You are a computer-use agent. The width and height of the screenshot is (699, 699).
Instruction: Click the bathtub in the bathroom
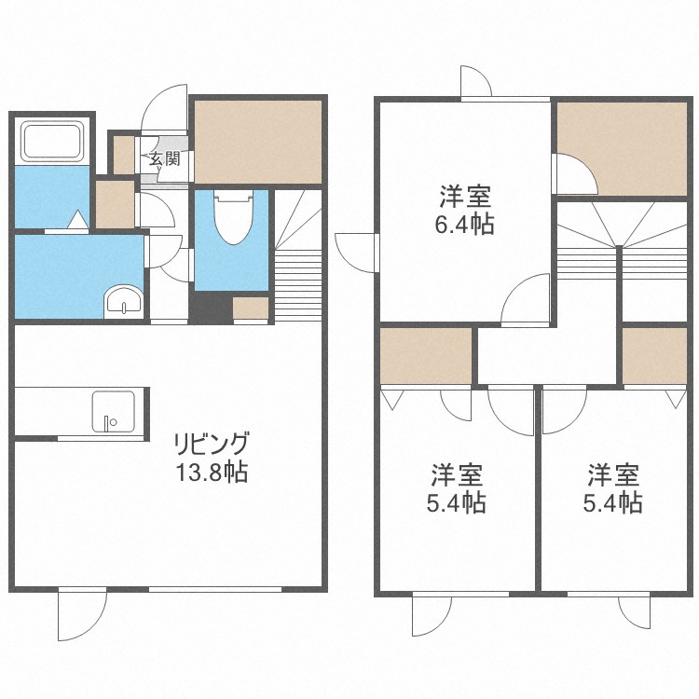click(x=53, y=143)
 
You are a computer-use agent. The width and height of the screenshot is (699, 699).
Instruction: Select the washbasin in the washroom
click(x=123, y=301)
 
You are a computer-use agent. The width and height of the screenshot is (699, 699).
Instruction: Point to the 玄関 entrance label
click(x=165, y=158)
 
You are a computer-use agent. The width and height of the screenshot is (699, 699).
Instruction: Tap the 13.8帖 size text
click(x=213, y=472)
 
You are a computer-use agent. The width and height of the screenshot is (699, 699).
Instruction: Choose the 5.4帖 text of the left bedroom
click(x=457, y=503)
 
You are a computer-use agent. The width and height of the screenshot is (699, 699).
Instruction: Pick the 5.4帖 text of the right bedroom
click(x=612, y=503)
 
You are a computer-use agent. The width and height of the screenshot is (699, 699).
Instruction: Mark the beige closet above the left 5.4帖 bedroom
click(x=426, y=356)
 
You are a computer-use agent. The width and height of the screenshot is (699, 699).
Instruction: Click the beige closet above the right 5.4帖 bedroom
click(x=654, y=355)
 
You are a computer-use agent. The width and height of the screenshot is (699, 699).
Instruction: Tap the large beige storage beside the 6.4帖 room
click(x=623, y=146)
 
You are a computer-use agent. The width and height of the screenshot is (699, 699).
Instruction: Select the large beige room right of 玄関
click(x=258, y=141)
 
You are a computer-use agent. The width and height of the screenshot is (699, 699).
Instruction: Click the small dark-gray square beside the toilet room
click(x=211, y=307)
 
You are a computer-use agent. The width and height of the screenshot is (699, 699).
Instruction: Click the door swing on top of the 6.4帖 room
click(x=475, y=82)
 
